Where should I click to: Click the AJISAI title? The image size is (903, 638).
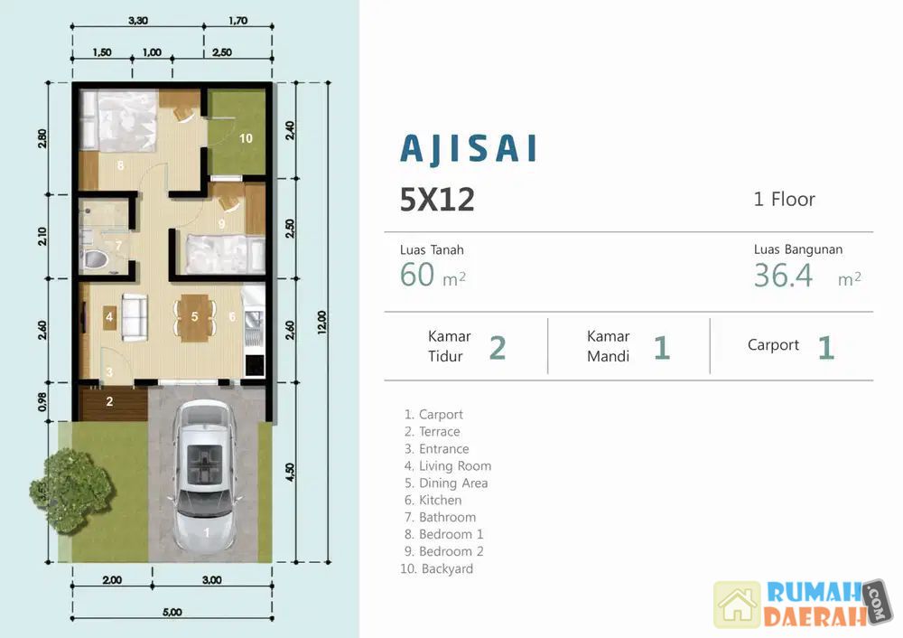pos(469,149)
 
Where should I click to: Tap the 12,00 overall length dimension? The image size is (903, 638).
pos(322,323)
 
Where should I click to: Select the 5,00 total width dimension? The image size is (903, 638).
pos(172,612)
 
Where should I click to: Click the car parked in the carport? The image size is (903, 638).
pos(205,475)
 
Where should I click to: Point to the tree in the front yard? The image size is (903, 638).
pos(72,490)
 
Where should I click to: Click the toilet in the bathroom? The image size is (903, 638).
pos(95,258)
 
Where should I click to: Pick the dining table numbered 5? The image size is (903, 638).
pos(194,317)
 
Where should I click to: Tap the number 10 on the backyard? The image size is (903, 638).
pos(246,138)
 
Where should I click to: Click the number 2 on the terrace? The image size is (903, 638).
pos(109,401)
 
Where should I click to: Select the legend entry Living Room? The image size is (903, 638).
pos(448,465)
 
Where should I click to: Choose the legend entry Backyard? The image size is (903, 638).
pos(436,568)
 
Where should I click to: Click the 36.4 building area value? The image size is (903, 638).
pos(783,275)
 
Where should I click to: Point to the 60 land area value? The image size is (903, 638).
pos(417,275)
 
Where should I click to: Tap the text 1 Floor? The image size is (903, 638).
pos(784,200)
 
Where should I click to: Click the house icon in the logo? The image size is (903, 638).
pos(737,604)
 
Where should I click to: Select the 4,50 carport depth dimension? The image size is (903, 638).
pos(290,472)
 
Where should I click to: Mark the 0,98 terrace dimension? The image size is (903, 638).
pos(42,402)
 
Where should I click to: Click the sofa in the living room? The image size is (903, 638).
pos(135,317)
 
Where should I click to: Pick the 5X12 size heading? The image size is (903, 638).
pos(437,200)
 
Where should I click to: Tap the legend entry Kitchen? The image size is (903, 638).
pos(433,500)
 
